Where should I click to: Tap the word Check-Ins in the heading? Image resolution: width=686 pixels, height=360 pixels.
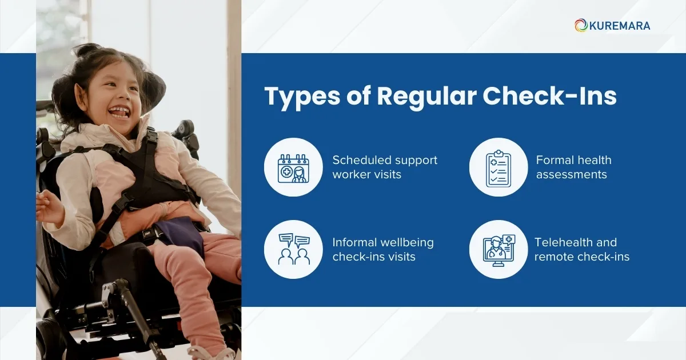(549, 97)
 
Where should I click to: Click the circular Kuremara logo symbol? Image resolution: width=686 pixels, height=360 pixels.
(581, 25)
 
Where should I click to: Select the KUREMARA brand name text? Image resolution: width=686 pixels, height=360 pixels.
(620, 26)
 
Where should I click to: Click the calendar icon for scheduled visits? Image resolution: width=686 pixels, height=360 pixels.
(293, 167)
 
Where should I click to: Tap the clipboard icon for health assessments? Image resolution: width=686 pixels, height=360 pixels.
(498, 167)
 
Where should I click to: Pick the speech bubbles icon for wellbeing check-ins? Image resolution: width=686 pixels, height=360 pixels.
(293, 249)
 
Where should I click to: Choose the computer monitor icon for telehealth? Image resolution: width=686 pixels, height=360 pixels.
(498, 249)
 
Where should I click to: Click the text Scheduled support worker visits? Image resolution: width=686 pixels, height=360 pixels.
(384, 167)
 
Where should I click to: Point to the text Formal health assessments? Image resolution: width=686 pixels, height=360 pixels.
(573, 167)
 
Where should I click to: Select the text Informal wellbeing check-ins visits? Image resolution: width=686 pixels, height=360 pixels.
(382, 249)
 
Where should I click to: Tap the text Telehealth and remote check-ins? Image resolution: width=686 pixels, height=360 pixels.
(581, 249)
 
